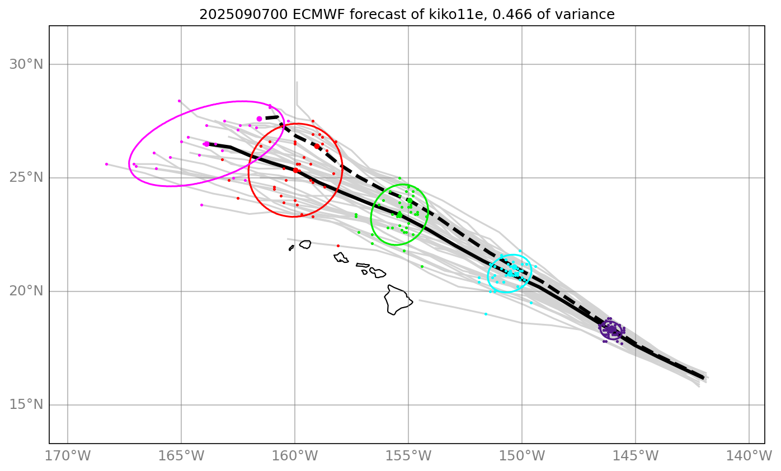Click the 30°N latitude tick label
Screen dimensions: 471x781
click(26, 64)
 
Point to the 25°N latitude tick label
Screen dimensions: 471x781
click(26, 178)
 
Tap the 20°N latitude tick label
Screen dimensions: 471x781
click(26, 291)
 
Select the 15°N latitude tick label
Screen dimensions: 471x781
click(26, 405)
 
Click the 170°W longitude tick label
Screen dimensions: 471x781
click(68, 456)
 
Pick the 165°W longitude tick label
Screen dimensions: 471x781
click(181, 456)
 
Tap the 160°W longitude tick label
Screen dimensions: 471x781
click(295, 456)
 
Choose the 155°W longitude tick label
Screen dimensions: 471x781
click(408, 456)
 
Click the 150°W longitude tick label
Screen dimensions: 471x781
click(522, 456)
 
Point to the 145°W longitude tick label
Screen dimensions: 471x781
click(636, 456)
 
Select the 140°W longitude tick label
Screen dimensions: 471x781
click(749, 456)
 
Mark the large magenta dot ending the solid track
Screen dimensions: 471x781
click(206, 144)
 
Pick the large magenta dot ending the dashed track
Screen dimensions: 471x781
click(259, 119)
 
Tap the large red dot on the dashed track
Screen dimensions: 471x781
click(317, 146)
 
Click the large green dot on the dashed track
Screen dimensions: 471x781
click(410, 200)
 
